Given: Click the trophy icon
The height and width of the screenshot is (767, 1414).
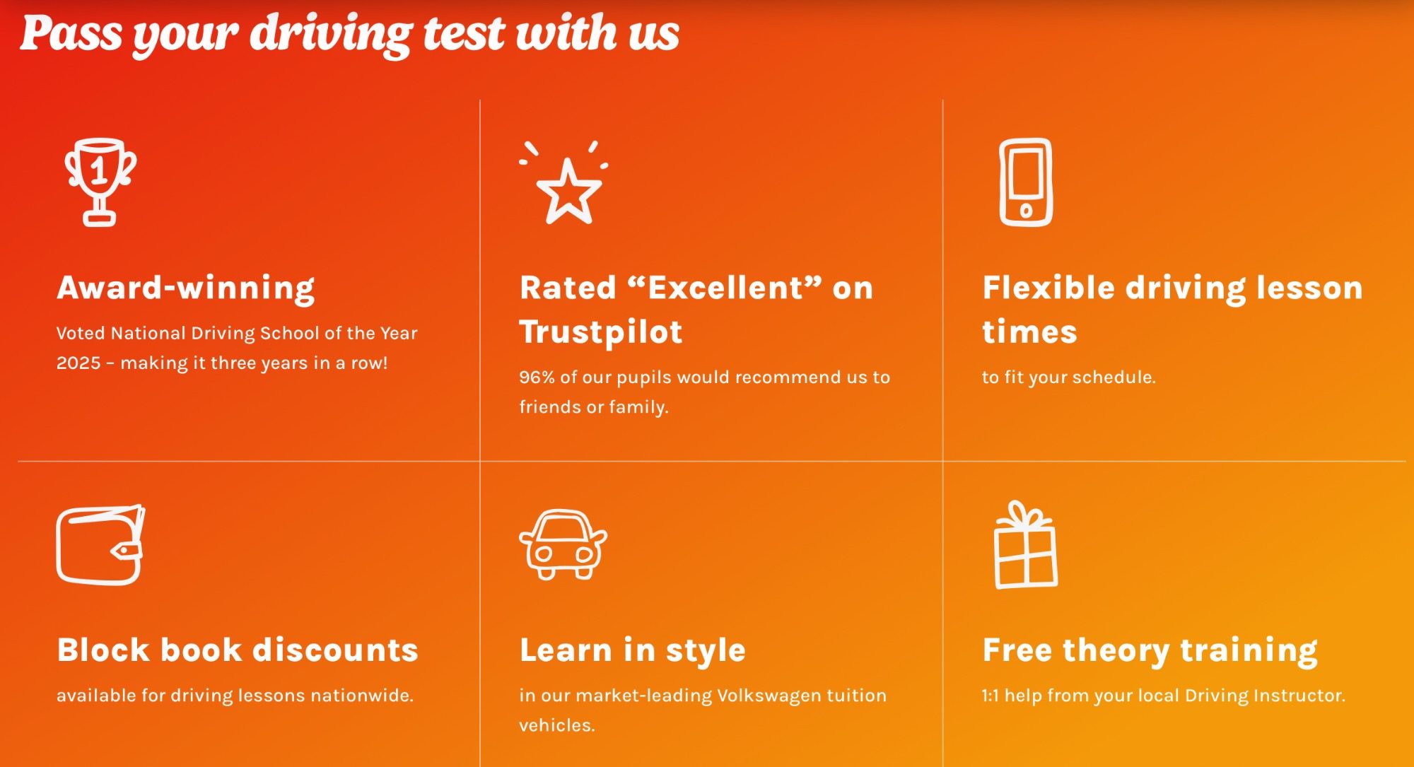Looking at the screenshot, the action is tap(100, 182).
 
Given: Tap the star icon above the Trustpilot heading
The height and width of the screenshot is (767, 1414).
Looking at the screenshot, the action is tap(568, 191).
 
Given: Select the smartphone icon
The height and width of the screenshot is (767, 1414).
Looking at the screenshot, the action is tap(1026, 182).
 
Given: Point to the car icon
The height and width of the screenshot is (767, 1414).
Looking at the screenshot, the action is tap(563, 544).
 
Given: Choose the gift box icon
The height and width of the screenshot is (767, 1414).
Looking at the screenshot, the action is tap(1026, 544).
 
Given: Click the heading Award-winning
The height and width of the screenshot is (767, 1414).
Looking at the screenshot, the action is tap(186, 288).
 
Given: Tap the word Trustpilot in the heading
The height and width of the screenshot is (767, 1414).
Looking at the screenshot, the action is tap(601, 332).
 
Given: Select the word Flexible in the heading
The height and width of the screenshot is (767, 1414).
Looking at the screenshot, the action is tap(1049, 288).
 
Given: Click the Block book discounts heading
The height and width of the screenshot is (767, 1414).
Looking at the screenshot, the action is tap(238, 650).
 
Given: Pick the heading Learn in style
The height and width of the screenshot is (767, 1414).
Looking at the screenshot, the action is tap(633, 650).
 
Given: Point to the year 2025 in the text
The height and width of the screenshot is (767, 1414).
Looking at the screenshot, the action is tap(78, 363).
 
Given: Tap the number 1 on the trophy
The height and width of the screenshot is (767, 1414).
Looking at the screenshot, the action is tap(100, 170).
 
